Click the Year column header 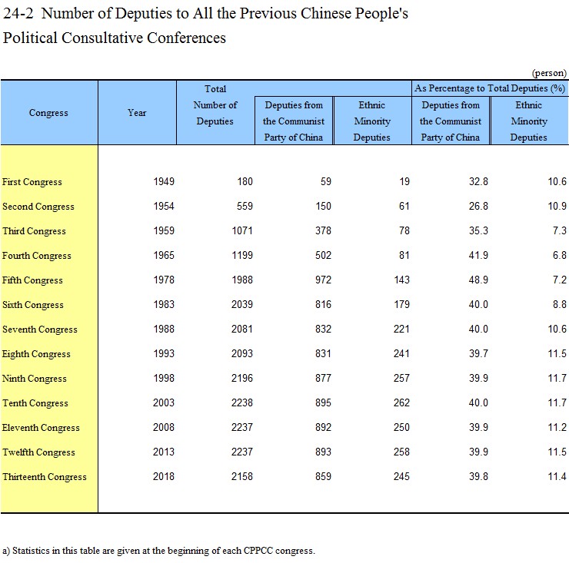click(x=137, y=113)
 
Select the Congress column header click(x=48, y=113)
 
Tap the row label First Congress click(x=32, y=181)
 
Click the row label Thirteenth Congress click(x=45, y=477)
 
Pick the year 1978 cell click(x=164, y=280)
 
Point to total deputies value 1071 click(x=242, y=230)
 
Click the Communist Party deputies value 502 click(x=323, y=255)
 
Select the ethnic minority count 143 click(x=401, y=280)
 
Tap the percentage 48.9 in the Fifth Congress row click(x=478, y=280)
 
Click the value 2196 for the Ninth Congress click(x=242, y=378)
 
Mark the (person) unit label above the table click(x=549, y=73)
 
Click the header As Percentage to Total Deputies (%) click(x=490, y=88)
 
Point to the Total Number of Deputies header click(x=215, y=104)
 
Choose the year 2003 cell click(x=164, y=402)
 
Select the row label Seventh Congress click(x=39, y=330)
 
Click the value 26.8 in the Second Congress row click(x=478, y=207)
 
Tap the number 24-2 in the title click(x=18, y=13)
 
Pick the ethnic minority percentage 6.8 click(x=560, y=255)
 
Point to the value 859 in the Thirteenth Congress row click(x=323, y=476)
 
